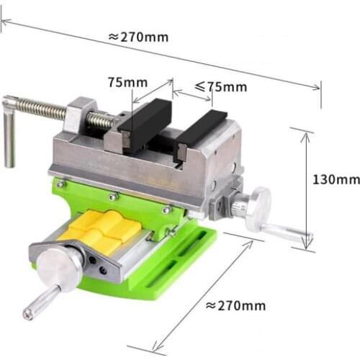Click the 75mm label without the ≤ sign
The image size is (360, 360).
pyautogui.click(x=127, y=82)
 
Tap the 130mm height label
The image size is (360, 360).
pyautogui.click(x=336, y=179)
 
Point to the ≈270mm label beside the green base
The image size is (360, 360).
pyautogui.click(x=235, y=305)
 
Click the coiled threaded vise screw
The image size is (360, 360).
pyautogui.click(x=43, y=111)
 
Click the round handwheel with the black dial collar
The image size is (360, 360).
pyautogui.click(x=60, y=266)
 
